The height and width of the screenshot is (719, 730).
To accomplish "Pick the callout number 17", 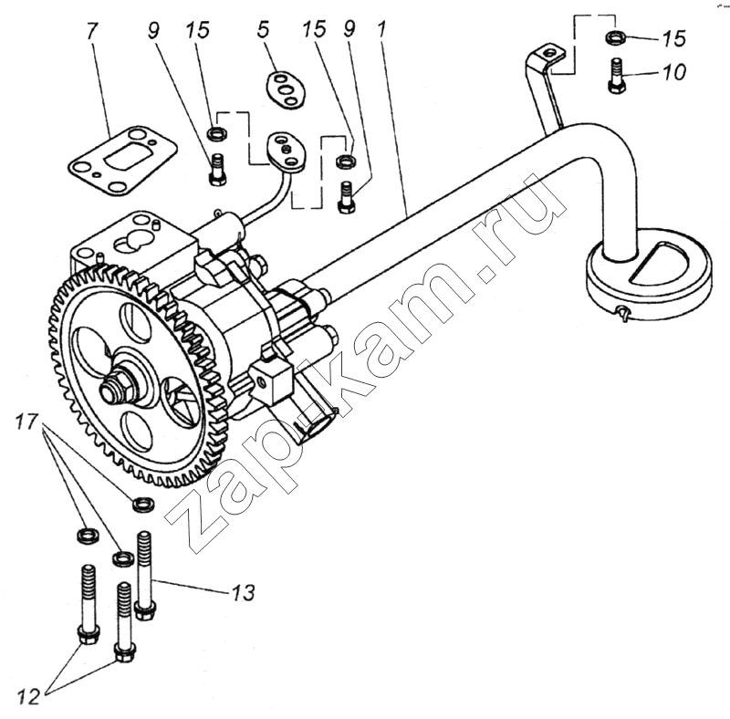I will (27, 422).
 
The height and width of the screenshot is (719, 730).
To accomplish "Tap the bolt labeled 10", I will (618, 75).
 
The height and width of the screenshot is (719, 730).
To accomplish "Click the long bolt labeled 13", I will (144, 575).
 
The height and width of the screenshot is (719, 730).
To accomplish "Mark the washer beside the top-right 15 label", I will (617, 37).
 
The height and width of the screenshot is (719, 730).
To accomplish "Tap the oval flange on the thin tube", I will (287, 151).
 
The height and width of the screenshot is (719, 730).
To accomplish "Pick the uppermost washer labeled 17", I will (142, 503).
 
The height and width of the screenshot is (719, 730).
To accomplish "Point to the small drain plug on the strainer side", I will (621, 314).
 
